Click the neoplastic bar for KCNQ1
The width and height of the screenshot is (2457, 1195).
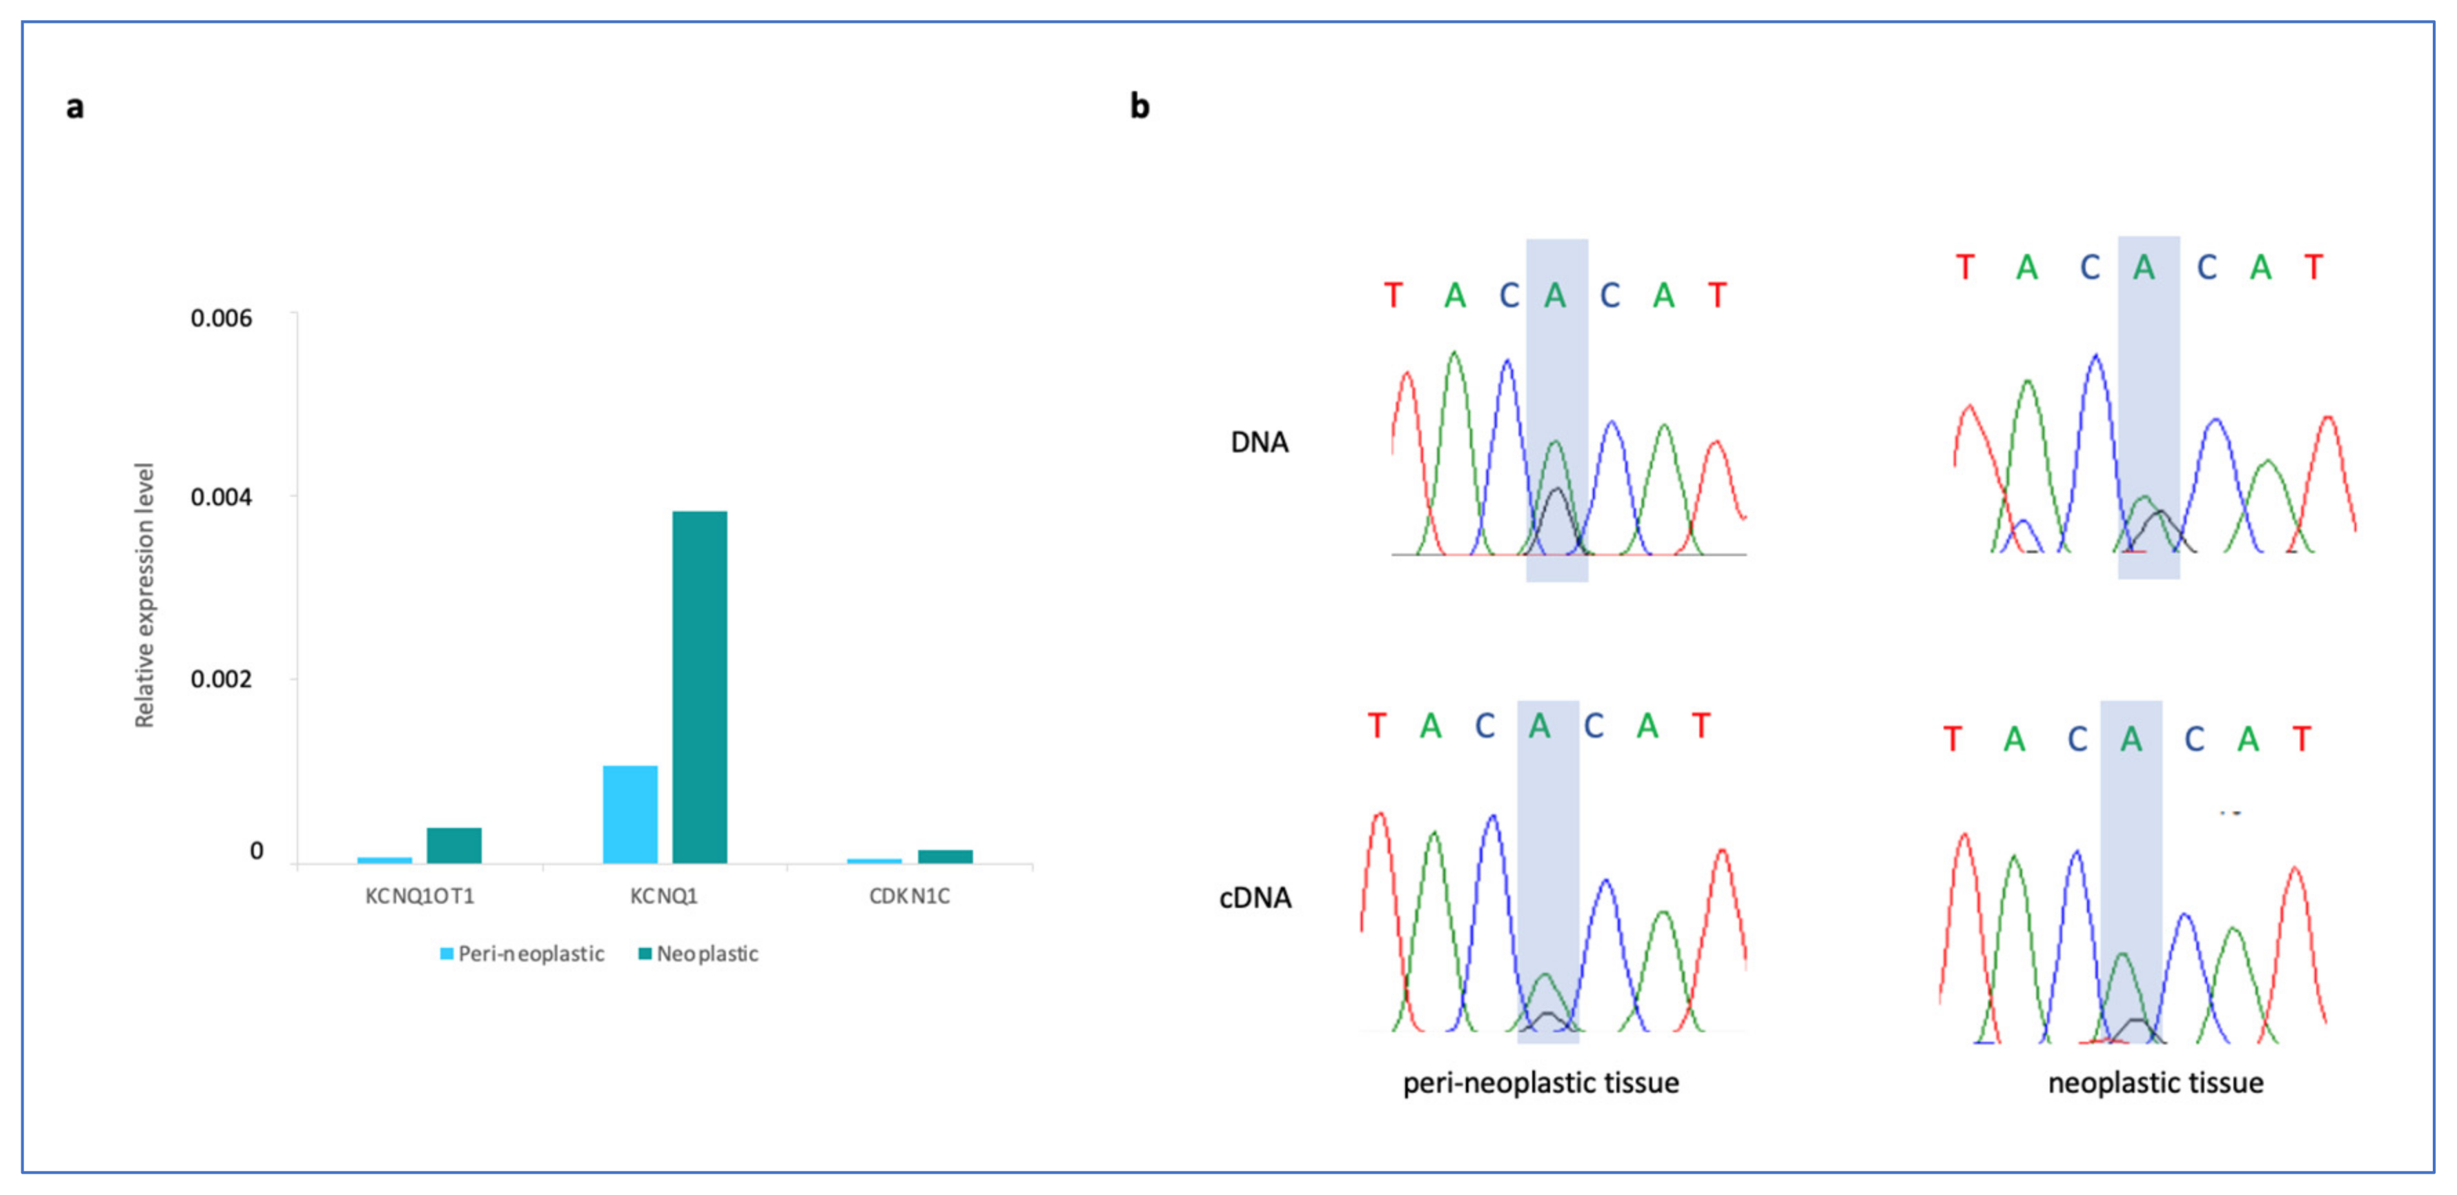click(x=699, y=687)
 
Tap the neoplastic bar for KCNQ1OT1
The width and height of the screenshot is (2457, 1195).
click(x=454, y=845)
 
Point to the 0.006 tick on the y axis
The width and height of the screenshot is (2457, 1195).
click(x=222, y=317)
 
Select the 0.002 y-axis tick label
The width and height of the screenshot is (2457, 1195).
click(x=222, y=679)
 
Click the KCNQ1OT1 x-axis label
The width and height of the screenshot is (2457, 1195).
click(x=420, y=896)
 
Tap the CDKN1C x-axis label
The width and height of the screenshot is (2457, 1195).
click(x=909, y=896)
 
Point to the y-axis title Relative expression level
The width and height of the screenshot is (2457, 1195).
click(x=144, y=595)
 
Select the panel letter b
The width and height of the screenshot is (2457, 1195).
click(x=1139, y=105)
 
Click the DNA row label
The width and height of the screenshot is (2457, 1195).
click(x=1259, y=442)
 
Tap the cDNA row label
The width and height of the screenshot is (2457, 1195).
click(x=1255, y=898)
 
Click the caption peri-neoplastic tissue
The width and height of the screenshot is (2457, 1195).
click(x=1540, y=1083)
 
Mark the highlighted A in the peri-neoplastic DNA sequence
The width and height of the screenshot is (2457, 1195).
click(x=1555, y=296)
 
